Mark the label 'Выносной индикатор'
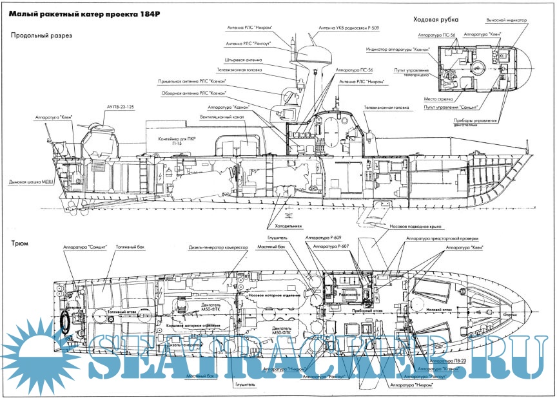(521, 22)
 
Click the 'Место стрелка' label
(419, 99)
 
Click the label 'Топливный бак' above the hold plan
(130, 247)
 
